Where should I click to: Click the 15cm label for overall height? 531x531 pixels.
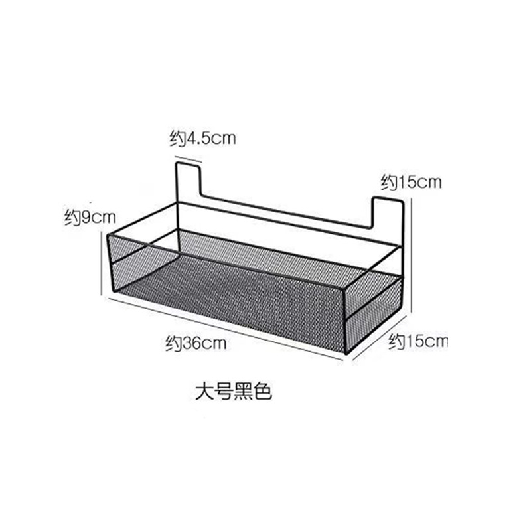pyautogui.click(x=411, y=181)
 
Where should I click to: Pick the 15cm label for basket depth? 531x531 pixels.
pyautogui.click(x=419, y=342)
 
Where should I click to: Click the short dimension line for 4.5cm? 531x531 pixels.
pyautogui.click(x=189, y=159)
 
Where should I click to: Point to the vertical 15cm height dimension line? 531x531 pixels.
pyautogui.click(x=412, y=252)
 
